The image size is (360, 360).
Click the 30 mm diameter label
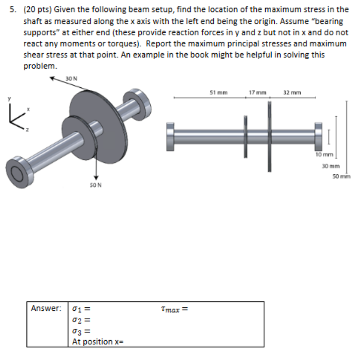[x=329, y=166]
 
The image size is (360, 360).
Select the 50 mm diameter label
[x=343, y=176]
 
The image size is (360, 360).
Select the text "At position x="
[x=98, y=342]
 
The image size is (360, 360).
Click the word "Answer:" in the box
[x=46, y=308]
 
